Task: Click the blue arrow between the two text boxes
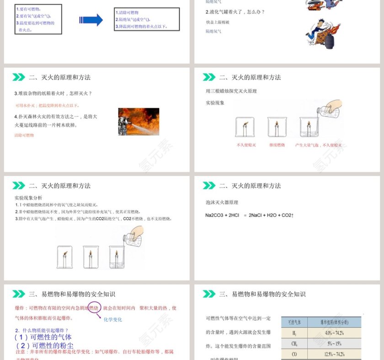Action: (x=91, y=20)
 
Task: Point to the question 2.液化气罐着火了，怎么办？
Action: (x=235, y=12)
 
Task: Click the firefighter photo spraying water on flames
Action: (x=139, y=122)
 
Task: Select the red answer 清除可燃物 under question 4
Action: (x=24, y=135)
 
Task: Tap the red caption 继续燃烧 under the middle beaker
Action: (x=277, y=145)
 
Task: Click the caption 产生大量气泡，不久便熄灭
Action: (x=318, y=145)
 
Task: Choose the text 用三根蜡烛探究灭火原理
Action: (x=231, y=91)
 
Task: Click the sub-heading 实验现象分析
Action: (x=28, y=198)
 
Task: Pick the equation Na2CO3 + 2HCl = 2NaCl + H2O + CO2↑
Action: (x=249, y=215)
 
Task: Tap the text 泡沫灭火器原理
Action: (x=222, y=202)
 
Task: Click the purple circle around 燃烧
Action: (x=94, y=308)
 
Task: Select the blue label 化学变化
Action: (x=113, y=319)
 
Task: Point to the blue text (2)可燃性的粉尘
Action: (x=44, y=345)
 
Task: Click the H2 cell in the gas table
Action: (x=294, y=333)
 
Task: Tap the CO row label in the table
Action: (x=294, y=354)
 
